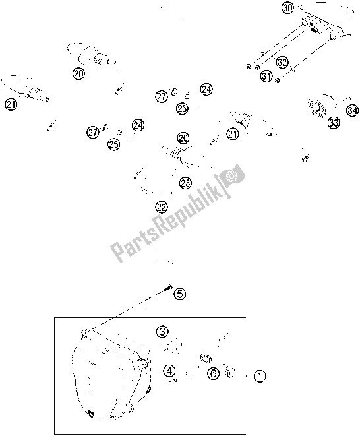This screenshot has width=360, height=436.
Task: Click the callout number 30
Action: point(287,8)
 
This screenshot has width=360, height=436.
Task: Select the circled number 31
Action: point(266,76)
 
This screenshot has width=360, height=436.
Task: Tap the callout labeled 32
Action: point(282,62)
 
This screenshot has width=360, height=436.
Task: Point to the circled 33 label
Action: point(334,122)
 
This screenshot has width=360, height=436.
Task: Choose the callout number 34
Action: point(352,111)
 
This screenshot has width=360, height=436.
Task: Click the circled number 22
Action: point(162,207)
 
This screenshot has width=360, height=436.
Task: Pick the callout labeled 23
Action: point(185,183)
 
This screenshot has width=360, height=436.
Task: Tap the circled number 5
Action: point(180,294)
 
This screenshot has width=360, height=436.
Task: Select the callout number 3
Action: point(162,331)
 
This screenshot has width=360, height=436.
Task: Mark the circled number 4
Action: point(169,371)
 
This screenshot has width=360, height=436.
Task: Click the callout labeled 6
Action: point(213,373)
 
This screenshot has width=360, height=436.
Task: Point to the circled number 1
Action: point(260,376)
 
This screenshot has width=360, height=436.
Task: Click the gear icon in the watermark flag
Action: point(231,175)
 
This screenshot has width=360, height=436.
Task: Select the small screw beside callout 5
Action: point(167,288)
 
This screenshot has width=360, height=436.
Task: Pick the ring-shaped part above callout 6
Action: point(206,358)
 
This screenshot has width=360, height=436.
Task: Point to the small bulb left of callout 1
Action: point(229,372)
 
